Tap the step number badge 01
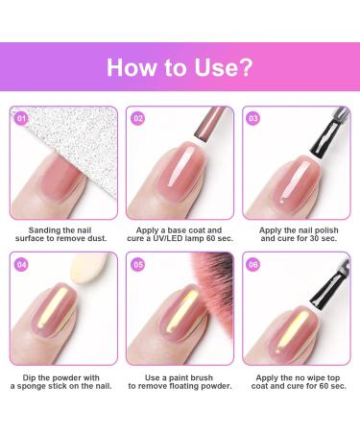[21, 118]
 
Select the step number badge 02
[137, 118]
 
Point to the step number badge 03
[253, 118]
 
